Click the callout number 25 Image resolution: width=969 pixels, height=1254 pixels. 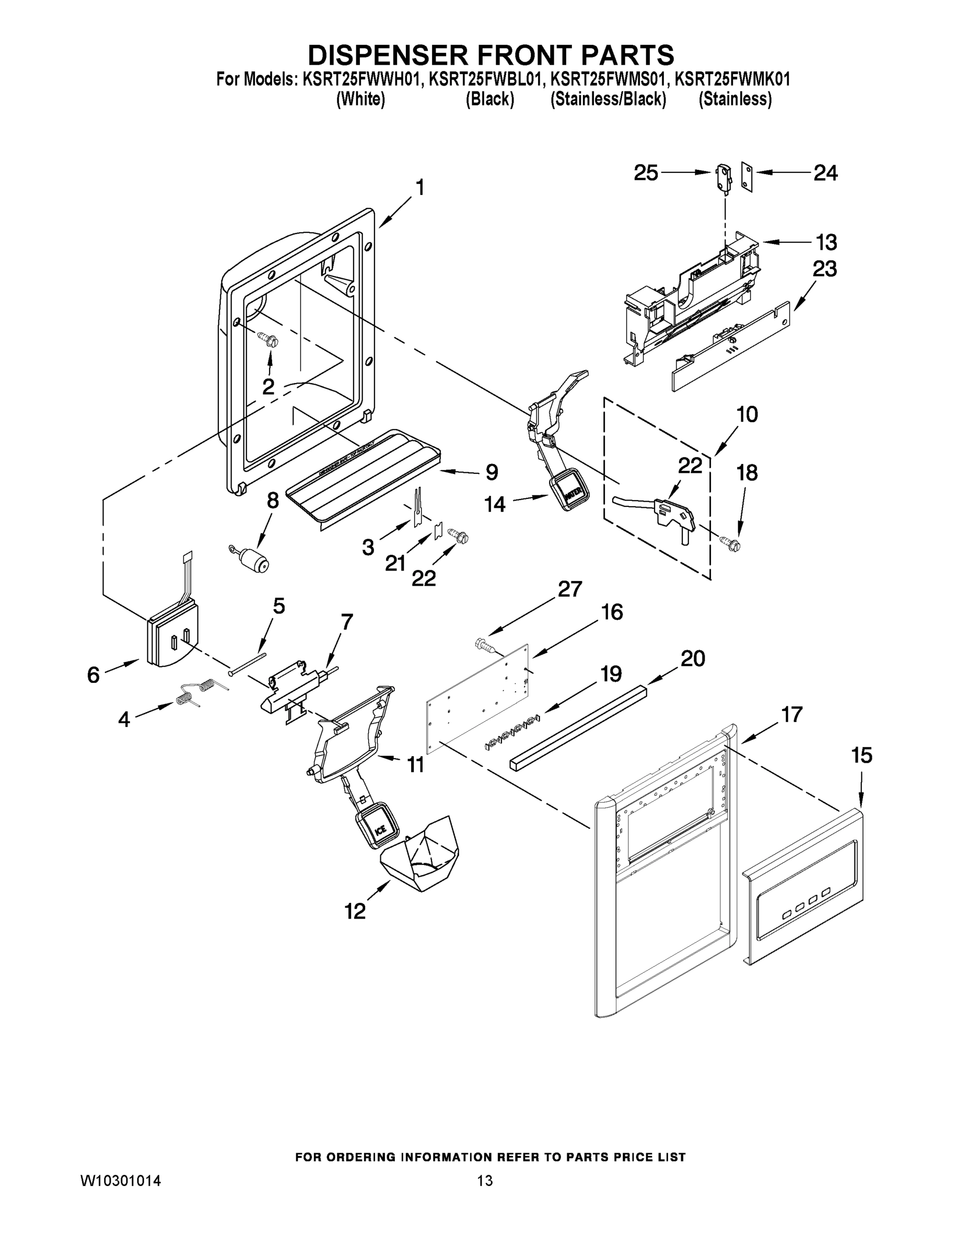[646, 173]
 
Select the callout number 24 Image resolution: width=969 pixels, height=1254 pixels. [825, 173]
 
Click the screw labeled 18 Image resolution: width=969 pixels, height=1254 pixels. [731, 541]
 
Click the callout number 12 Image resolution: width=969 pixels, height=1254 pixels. [355, 911]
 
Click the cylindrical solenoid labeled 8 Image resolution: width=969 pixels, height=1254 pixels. [254, 559]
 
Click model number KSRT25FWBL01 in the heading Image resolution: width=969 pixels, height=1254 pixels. [485, 79]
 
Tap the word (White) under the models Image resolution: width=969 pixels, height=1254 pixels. [360, 99]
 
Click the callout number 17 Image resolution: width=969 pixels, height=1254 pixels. [791, 715]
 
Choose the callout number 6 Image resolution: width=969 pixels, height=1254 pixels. [94, 674]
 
